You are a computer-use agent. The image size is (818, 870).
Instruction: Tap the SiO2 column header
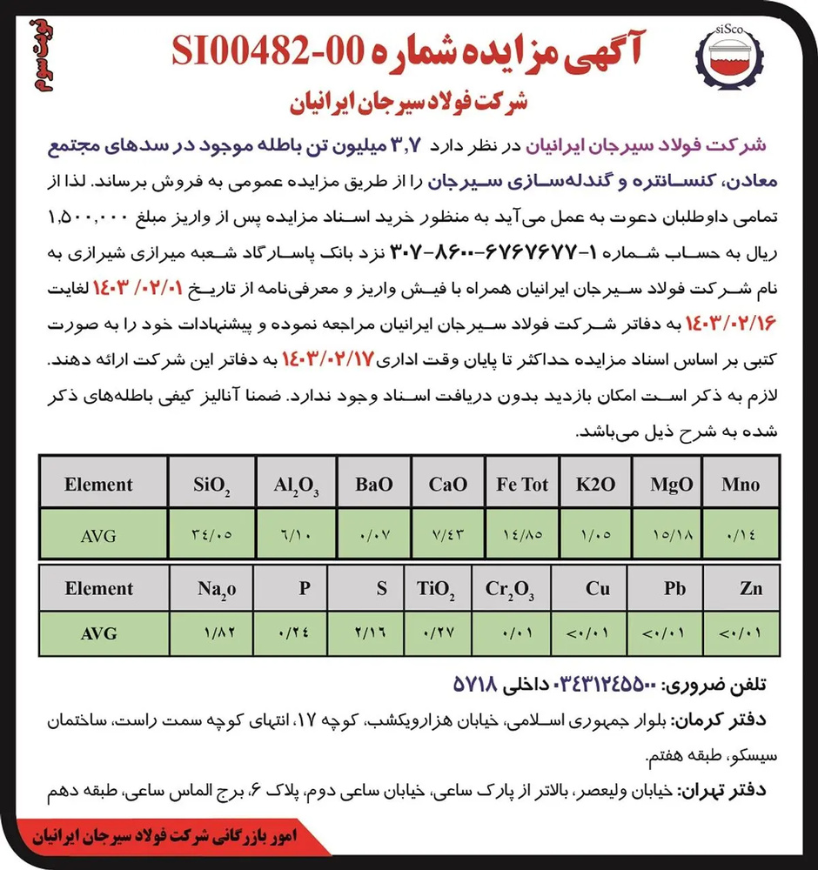tap(212, 485)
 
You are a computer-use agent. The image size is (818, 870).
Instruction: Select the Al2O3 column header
tap(295, 485)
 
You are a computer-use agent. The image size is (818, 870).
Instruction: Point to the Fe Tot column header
tap(522, 485)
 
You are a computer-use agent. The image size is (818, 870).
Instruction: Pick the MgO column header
tap(670, 485)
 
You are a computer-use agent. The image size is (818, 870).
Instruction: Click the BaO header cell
tap(374, 485)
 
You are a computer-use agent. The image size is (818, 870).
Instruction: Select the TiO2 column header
tap(436, 589)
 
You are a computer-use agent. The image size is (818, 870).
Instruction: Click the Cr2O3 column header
tap(510, 589)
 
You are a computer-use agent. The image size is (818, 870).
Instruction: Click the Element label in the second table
tap(98, 588)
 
